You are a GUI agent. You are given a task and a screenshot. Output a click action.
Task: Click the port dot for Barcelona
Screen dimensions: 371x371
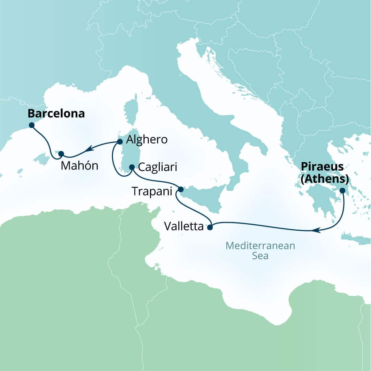pos(32,125)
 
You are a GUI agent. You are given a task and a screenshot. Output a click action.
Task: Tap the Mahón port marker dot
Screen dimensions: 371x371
pos(61,153)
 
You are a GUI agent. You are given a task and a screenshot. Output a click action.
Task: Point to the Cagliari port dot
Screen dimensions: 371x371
pos(132,167)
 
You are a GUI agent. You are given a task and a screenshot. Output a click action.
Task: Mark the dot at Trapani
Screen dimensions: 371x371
pos(181,189)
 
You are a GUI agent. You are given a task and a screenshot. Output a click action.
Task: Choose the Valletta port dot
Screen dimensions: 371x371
pos(209,228)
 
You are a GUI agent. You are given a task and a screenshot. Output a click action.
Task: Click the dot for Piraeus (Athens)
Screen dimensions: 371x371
pos(342,190)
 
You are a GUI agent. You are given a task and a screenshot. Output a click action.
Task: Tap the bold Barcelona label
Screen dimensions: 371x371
pos(56,114)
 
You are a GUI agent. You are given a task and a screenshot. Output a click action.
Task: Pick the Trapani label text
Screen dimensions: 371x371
pos(151,192)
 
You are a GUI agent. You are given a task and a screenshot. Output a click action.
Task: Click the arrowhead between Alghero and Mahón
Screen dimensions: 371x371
pos(88,148)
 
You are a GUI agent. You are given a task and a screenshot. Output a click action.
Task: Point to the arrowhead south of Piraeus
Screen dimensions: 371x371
pos(316,230)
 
